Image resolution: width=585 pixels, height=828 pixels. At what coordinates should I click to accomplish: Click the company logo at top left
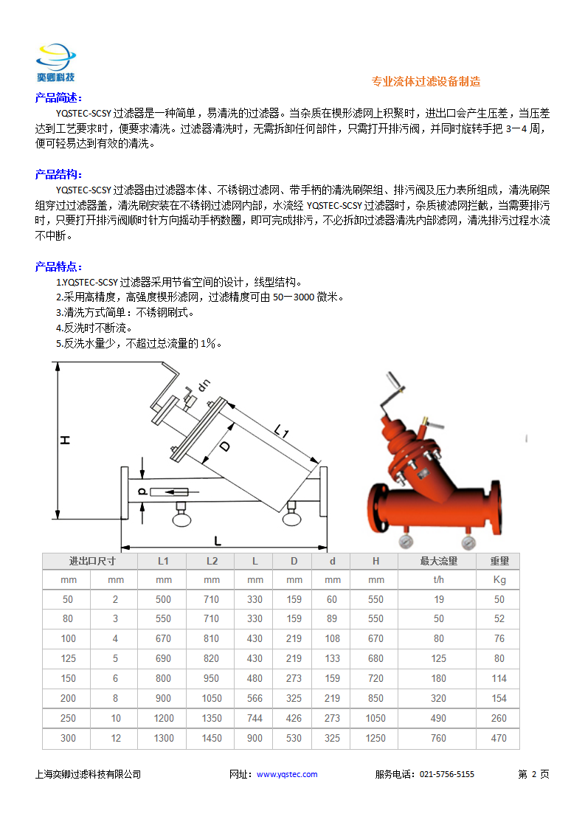tap(56, 62)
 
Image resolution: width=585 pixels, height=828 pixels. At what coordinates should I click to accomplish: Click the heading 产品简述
tap(58, 98)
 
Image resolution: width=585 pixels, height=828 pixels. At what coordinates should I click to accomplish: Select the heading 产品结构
tap(58, 174)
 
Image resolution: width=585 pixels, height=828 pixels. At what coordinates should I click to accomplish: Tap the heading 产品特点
tap(58, 266)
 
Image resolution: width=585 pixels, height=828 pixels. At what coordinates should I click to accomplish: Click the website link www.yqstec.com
tap(287, 774)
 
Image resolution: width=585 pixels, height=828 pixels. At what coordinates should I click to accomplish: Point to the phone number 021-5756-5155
tap(447, 774)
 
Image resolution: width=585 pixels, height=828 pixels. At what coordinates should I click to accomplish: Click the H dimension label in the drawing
tap(65, 441)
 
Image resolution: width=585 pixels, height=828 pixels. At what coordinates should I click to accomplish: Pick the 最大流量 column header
tap(439, 561)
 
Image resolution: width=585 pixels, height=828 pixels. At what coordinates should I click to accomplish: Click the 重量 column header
tap(499, 561)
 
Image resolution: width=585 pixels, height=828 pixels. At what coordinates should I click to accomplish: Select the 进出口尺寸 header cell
tap(92, 561)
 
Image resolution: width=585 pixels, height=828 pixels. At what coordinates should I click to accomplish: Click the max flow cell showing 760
tap(439, 738)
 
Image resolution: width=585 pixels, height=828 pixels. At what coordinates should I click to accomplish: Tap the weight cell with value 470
tap(499, 738)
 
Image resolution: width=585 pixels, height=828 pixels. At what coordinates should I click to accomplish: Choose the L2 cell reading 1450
tap(212, 738)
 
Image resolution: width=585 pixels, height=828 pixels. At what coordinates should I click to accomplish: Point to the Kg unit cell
tap(499, 580)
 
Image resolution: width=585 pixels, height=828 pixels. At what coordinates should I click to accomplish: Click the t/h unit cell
tap(439, 580)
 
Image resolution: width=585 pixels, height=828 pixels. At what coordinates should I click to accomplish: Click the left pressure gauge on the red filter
tap(406, 542)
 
